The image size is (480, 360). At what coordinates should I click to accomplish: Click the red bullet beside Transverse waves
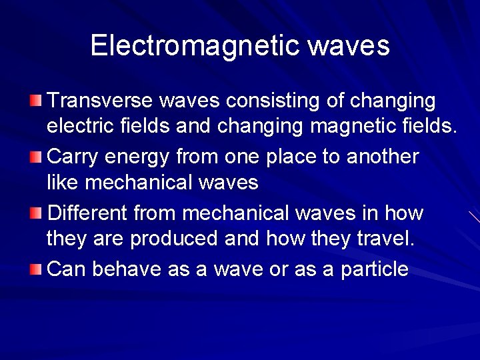35,101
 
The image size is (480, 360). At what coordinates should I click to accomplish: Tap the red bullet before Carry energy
35,157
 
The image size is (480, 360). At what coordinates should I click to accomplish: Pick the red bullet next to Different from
35,213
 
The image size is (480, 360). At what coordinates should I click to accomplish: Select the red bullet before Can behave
35,269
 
